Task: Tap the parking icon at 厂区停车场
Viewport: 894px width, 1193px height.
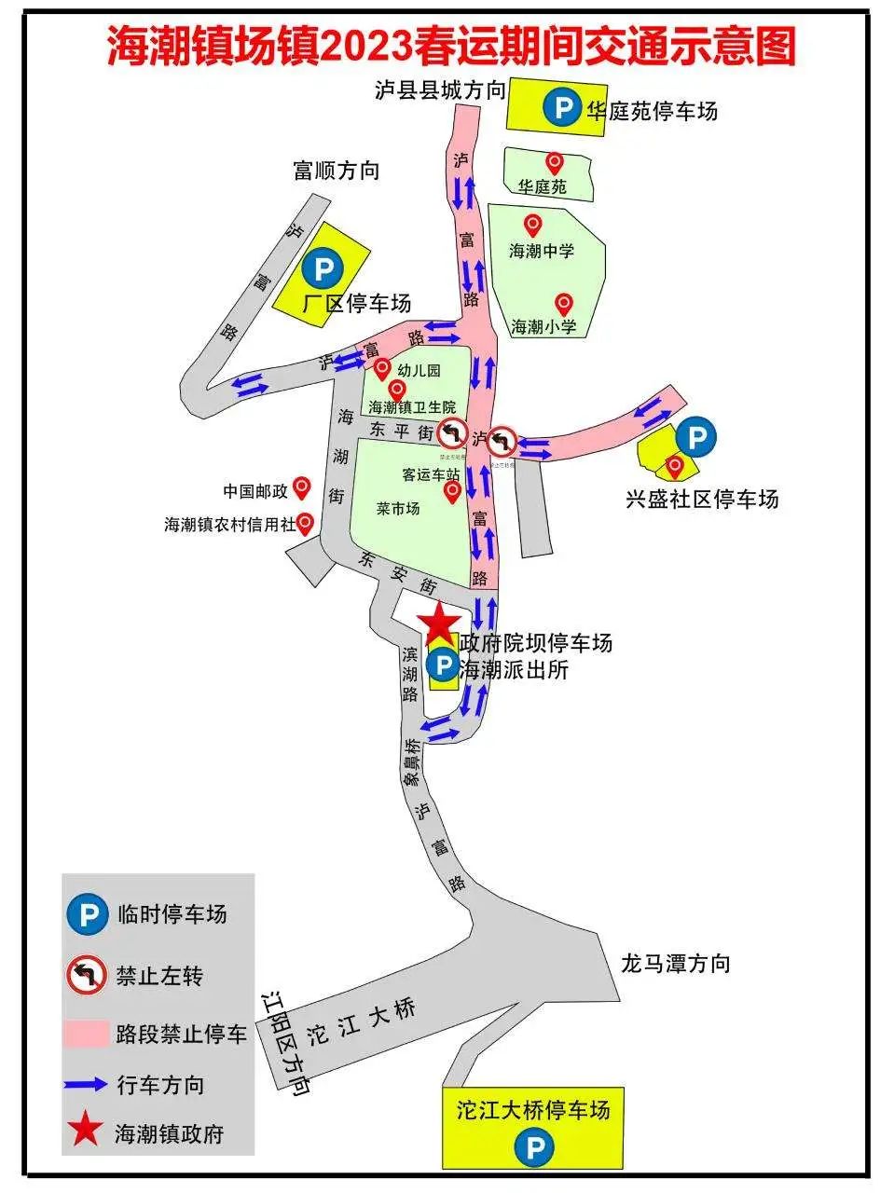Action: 323,269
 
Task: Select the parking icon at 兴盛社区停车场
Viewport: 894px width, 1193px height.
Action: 695,436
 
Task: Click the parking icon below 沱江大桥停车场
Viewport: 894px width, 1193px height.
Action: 534,1147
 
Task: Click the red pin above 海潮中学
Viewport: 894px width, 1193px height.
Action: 532,225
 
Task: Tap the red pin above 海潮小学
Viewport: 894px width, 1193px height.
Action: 563,303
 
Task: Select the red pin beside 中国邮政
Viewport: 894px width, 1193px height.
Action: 301,487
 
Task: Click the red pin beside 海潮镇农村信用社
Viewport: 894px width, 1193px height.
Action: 304,523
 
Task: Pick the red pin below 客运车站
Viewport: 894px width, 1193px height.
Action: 452,491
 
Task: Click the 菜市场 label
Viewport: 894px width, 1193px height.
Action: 398,509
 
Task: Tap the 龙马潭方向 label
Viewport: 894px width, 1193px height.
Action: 676,964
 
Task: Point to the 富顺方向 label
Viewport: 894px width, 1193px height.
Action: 337,171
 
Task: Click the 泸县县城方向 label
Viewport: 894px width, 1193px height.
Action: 440,90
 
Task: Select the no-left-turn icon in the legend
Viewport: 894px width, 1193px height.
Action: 86,976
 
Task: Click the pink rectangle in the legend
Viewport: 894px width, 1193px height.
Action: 86,1034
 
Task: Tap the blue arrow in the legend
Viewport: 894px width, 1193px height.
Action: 86,1084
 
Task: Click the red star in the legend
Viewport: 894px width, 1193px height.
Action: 85,1131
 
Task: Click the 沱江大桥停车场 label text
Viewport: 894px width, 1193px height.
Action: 533,1110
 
